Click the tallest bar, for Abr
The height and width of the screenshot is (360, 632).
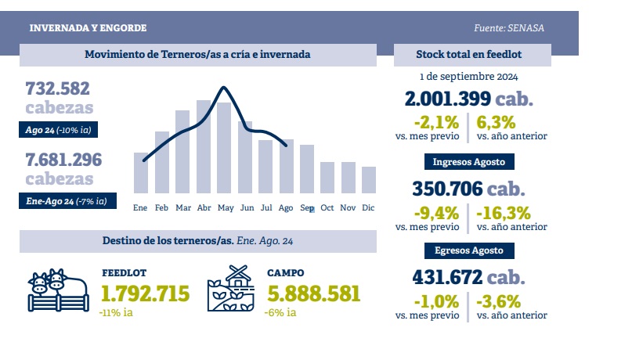pyautogui.click(x=204, y=146)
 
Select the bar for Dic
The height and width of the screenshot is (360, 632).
pyautogui.click(x=369, y=179)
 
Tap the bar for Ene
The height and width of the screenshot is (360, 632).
pyautogui.click(x=141, y=172)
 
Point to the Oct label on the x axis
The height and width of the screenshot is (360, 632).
pyautogui.click(x=327, y=207)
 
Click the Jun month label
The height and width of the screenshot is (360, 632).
pyautogui.click(x=246, y=207)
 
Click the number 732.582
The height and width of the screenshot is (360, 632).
pyautogui.click(x=58, y=88)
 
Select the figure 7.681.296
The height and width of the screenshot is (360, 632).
pyautogui.click(x=63, y=160)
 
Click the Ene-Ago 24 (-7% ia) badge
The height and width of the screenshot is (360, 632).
pyautogui.click(x=67, y=202)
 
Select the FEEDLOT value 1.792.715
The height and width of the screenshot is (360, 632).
pyautogui.click(x=146, y=293)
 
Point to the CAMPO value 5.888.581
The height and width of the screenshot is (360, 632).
pyautogui.click(x=314, y=293)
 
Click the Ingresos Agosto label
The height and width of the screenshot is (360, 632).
pyautogui.click(x=469, y=163)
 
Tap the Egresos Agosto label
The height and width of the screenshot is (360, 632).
pyautogui.click(x=469, y=251)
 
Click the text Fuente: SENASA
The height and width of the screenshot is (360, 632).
pyautogui.click(x=509, y=28)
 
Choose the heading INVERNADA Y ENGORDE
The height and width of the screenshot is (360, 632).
pyautogui.click(x=88, y=28)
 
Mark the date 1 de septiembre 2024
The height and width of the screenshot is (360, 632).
pyautogui.click(x=468, y=77)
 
